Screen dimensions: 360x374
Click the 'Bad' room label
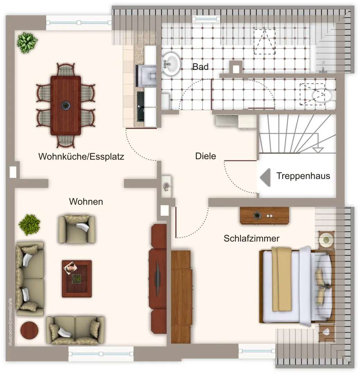pos(200,67)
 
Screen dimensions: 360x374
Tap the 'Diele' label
pos(206,156)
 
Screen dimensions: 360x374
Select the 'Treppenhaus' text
pos(303,176)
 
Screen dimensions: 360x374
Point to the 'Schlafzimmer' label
pos(252,238)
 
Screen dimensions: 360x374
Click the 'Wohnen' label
pos(86,202)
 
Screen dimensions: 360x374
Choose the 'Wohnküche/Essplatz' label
pos(81,157)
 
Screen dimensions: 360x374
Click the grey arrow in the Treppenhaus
pos(265,177)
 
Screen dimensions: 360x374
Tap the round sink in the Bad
pos(171,64)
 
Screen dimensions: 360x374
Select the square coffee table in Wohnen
pos(77,278)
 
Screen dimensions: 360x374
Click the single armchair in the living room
pos(77,229)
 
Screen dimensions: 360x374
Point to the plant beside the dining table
pos(27,43)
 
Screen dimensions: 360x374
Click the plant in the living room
pos(29,225)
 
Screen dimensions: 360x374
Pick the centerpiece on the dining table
pos(65,105)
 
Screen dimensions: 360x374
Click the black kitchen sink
pos(141,106)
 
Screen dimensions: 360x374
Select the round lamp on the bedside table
pos(326,240)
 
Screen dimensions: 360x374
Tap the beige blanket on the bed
pos(281,279)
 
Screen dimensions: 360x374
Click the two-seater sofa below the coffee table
pos(75,330)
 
